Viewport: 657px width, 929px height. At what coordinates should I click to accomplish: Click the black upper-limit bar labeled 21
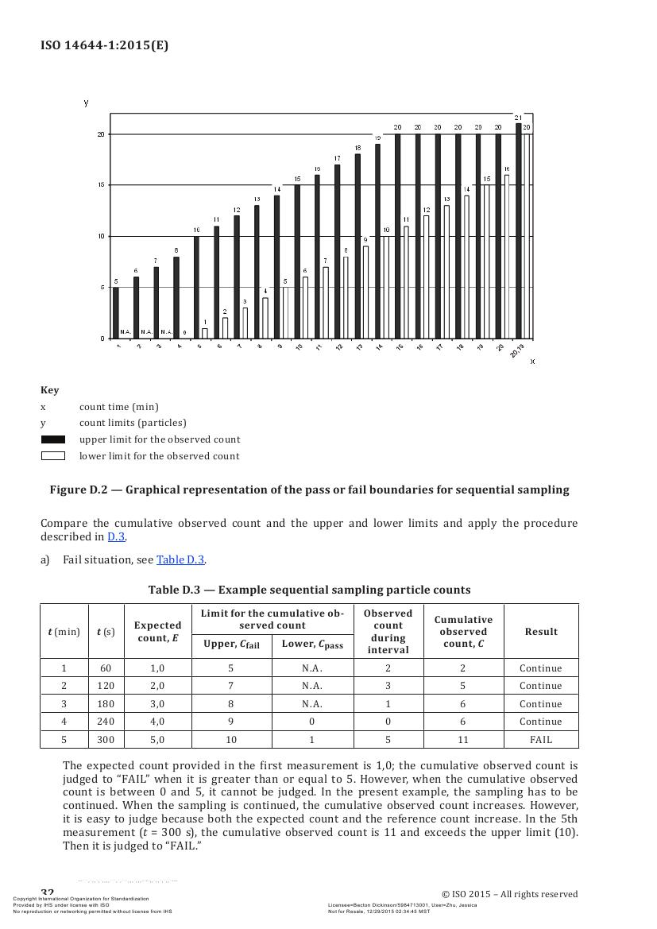coord(519,230)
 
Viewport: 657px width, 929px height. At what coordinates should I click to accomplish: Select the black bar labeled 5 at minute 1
coord(116,312)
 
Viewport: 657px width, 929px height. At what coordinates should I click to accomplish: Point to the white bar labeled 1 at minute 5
coord(204,333)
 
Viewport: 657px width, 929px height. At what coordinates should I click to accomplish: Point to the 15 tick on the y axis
coord(101,185)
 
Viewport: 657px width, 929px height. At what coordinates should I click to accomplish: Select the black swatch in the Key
coord(52,439)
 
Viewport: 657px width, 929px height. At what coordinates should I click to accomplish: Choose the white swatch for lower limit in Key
coord(52,456)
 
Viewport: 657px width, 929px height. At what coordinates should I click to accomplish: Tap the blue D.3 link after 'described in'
coord(116,536)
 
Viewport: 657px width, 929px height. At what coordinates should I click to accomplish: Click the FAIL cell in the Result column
coord(540,740)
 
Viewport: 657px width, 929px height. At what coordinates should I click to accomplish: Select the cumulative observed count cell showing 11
coord(462,740)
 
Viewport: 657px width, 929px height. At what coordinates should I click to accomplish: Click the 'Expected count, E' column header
coord(157,632)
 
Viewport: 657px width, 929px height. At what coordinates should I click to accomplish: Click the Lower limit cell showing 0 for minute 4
coord(312,722)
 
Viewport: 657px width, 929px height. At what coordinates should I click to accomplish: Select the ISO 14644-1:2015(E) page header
coord(104,45)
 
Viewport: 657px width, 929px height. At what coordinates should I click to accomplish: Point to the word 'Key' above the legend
coord(49,390)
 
